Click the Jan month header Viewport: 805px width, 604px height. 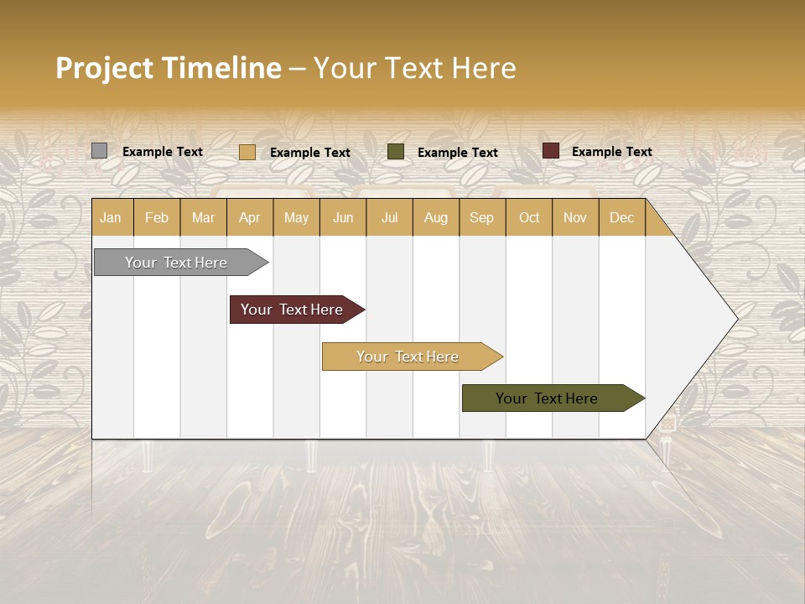(x=111, y=217)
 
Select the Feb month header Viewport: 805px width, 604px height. (x=157, y=217)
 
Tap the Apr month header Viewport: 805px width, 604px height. (x=249, y=217)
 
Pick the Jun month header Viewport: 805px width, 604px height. (x=343, y=217)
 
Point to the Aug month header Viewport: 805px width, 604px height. (x=435, y=217)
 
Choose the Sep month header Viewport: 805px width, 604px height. (x=481, y=217)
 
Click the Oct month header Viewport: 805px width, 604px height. (x=529, y=217)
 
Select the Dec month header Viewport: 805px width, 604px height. (x=621, y=217)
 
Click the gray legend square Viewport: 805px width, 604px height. (x=99, y=151)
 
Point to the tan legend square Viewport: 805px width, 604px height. (x=247, y=152)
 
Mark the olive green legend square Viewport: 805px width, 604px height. (x=396, y=152)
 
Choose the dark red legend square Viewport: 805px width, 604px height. (x=550, y=151)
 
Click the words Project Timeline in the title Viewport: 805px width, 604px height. (x=169, y=68)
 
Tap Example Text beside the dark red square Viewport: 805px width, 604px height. (x=611, y=152)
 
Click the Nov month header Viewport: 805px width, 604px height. (x=574, y=217)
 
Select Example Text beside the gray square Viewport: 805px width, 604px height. (x=162, y=152)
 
